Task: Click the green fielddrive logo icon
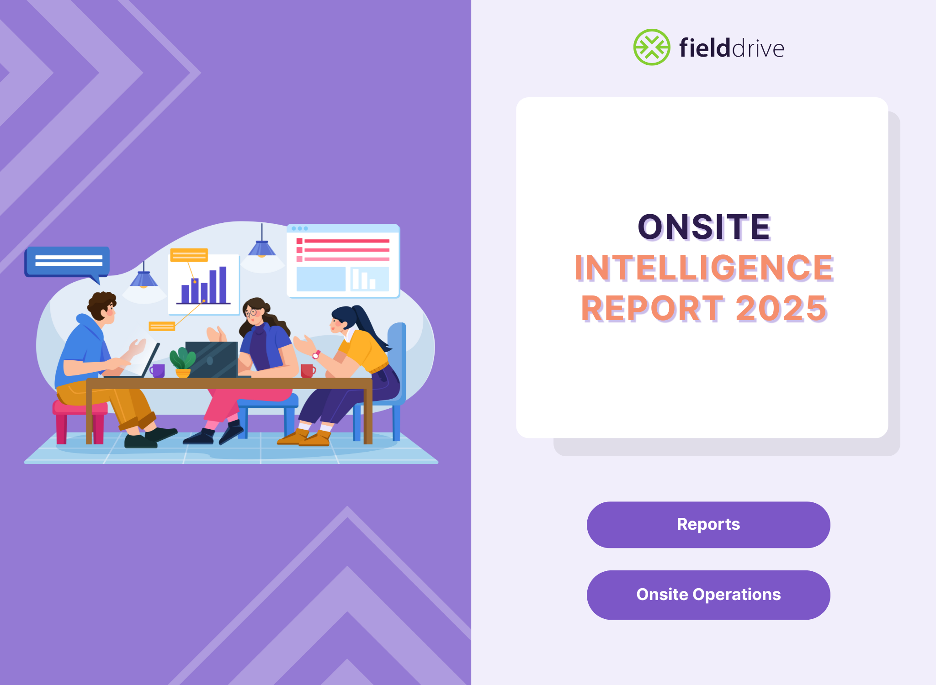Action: point(651,47)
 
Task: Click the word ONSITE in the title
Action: point(704,227)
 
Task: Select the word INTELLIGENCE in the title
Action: point(704,268)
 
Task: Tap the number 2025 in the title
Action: point(782,309)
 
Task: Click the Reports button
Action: point(708,525)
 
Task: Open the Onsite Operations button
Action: point(708,595)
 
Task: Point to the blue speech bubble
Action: point(68,262)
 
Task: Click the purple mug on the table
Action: point(158,370)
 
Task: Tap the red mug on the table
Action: point(308,370)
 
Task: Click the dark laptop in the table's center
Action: point(212,359)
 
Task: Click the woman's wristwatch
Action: point(316,355)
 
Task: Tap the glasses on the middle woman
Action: point(251,313)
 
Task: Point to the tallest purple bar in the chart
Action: point(223,285)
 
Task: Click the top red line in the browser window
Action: point(346,241)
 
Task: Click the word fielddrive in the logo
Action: point(731,48)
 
